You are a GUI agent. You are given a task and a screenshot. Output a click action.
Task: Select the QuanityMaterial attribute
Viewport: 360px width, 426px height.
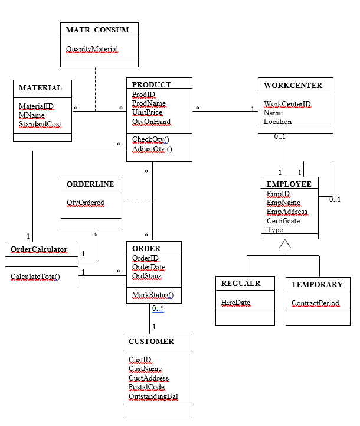[x=92, y=49]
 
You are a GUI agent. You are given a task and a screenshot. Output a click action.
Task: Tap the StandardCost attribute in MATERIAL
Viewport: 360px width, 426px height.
[x=40, y=124]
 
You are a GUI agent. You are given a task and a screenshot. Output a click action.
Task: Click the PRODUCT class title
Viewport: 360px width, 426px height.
[x=151, y=85]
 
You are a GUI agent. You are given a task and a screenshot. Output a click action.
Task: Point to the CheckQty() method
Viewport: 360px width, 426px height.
[x=150, y=139]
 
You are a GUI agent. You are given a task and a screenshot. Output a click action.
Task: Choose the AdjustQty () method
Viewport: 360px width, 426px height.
[x=152, y=149]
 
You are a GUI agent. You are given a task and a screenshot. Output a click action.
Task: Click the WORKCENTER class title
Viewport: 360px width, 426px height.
[x=293, y=85]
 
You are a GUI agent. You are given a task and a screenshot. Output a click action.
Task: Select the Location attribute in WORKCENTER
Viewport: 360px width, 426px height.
[x=277, y=122]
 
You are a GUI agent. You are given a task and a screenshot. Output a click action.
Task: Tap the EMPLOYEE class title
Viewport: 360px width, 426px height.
[x=289, y=184]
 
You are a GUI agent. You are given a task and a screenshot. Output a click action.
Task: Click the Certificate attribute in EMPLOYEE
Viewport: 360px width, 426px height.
[x=283, y=221]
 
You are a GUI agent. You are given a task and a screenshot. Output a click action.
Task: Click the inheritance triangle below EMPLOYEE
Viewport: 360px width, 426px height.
[x=285, y=244]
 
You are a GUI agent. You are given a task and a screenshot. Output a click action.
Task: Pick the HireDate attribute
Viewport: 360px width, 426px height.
[x=235, y=303]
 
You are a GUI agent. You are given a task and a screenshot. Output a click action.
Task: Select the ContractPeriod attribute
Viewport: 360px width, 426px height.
[x=315, y=303]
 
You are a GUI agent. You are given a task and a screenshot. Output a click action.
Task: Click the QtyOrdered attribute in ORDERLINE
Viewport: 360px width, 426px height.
[x=86, y=203]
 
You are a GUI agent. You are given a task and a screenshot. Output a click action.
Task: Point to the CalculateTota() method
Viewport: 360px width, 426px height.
[x=35, y=277]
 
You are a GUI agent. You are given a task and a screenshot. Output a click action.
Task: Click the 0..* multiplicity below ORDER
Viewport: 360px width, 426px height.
[x=158, y=308]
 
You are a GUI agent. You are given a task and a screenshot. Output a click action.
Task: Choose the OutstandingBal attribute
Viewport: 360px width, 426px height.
[x=153, y=396]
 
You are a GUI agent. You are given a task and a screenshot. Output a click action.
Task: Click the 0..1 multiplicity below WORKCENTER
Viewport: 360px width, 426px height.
[x=280, y=136]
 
